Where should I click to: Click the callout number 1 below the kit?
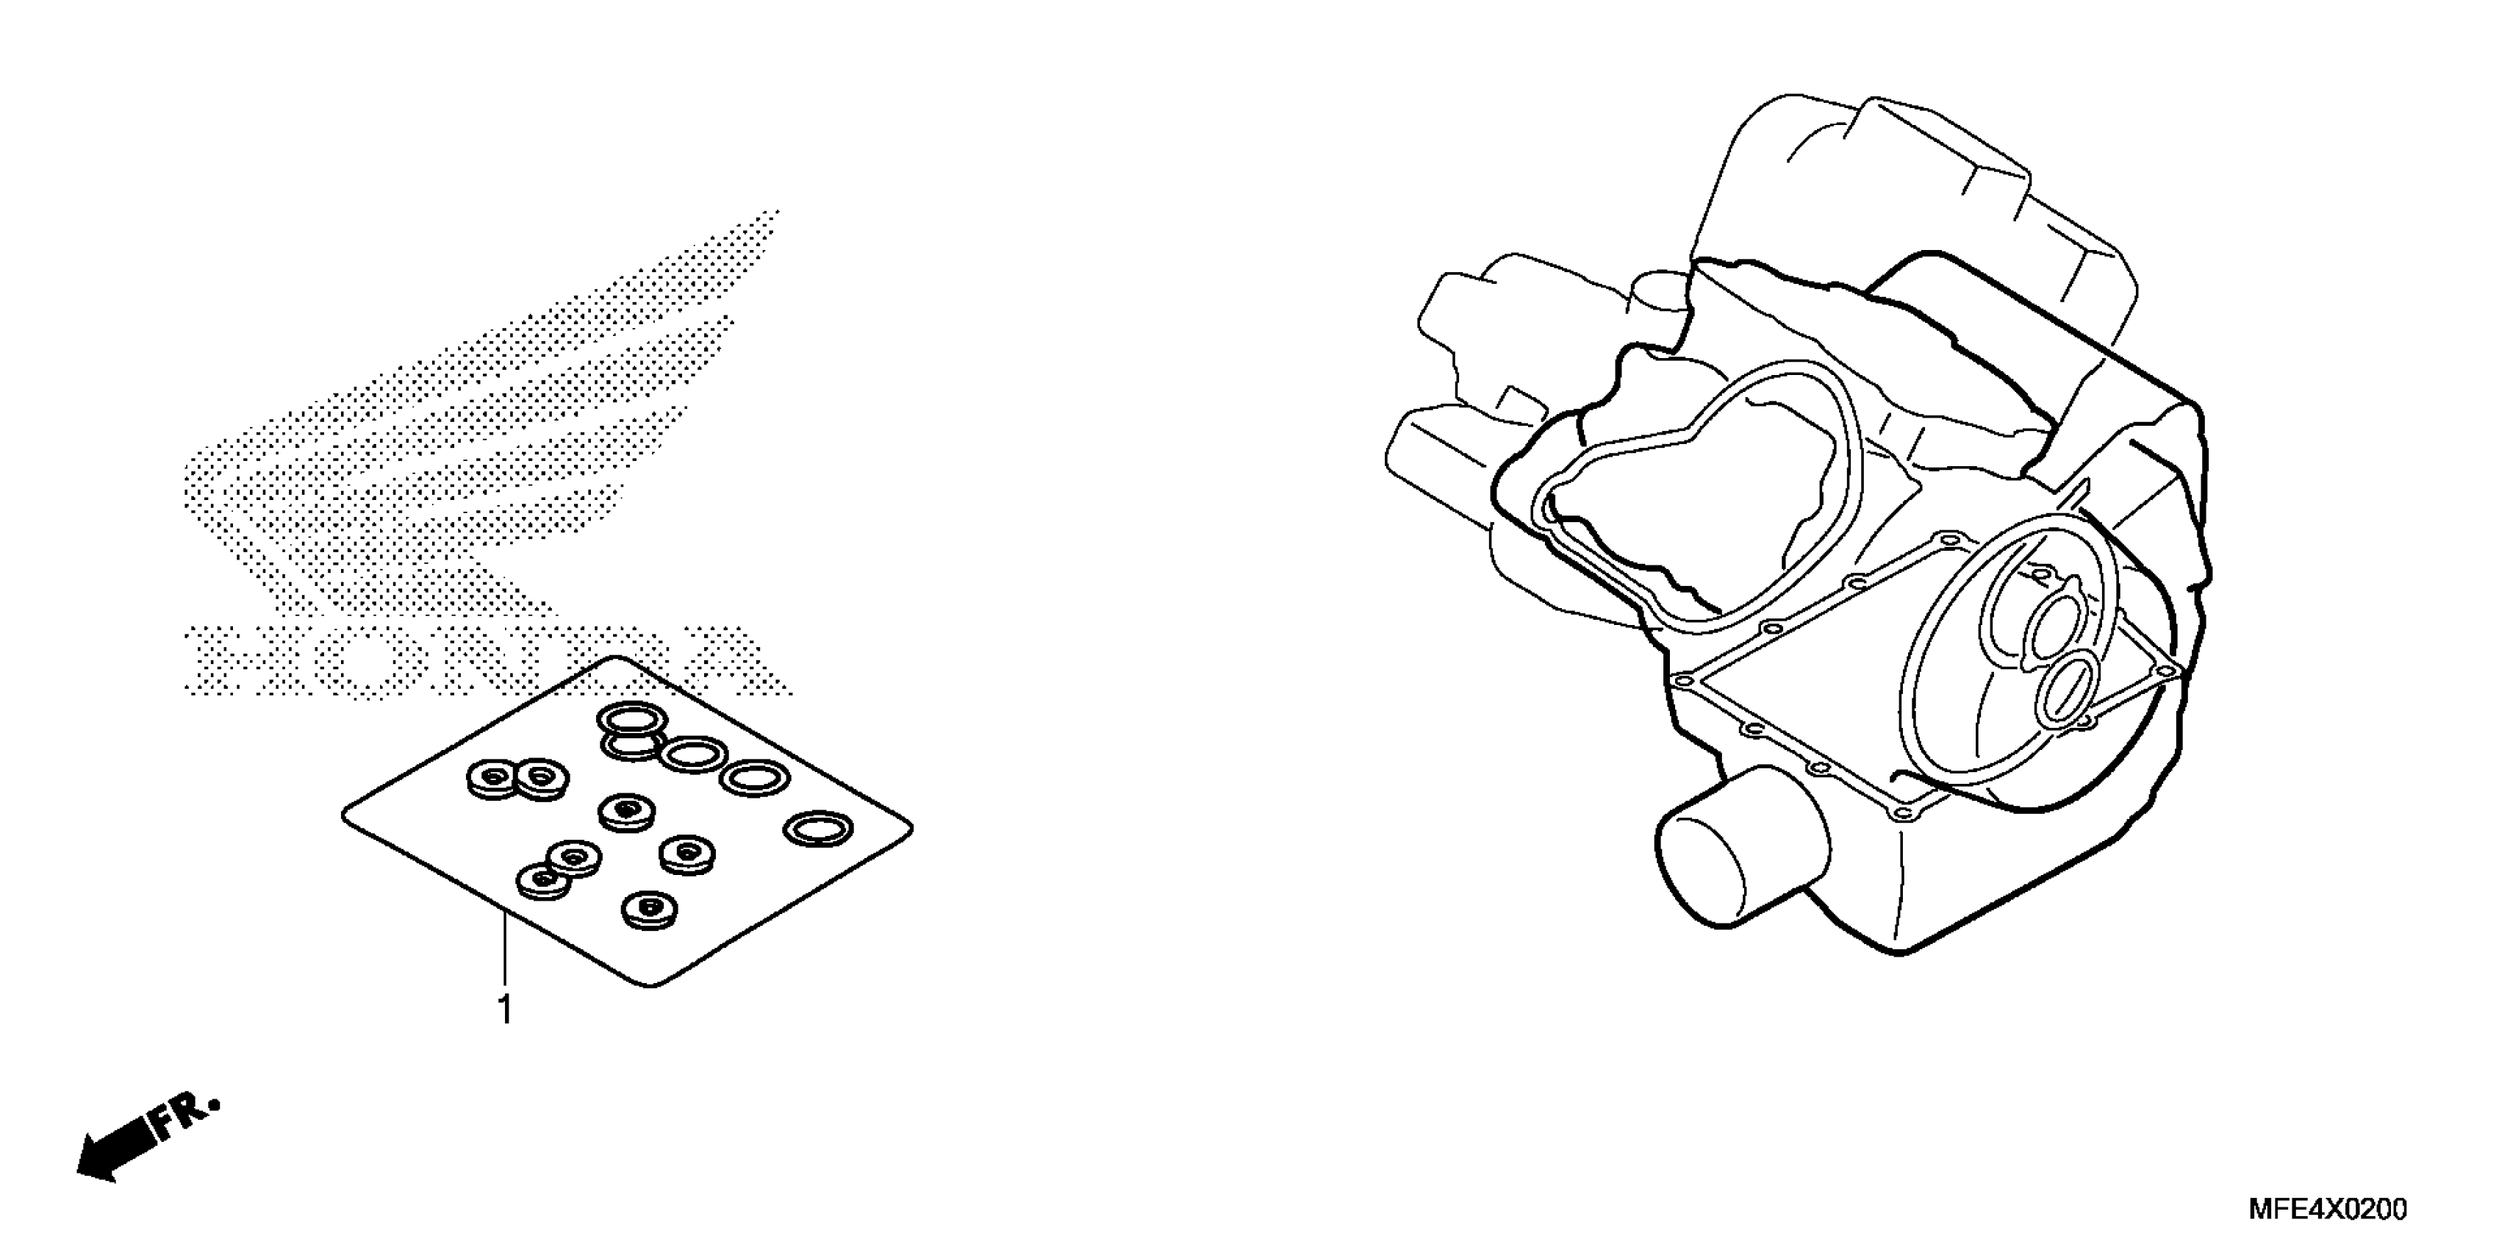504,1011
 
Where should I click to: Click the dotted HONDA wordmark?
485,660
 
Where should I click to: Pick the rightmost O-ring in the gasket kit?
818,829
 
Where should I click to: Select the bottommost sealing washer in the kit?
650,910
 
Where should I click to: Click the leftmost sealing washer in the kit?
492,777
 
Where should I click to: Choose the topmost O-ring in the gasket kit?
631,720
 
